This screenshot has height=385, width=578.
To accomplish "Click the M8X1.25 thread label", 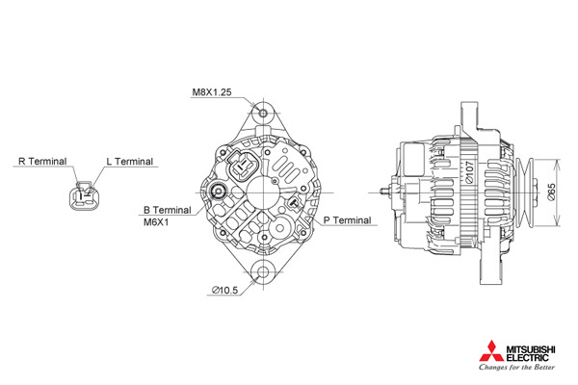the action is pyautogui.click(x=212, y=92).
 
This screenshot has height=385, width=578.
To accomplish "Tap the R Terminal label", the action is pyautogui.click(x=42, y=162).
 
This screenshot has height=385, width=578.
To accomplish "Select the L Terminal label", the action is pyautogui.click(x=129, y=162).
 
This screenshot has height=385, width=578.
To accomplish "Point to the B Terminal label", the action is pyautogui.click(x=168, y=210).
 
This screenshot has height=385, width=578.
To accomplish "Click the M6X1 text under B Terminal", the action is pyautogui.click(x=156, y=222).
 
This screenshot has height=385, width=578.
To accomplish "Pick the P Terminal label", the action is pyautogui.click(x=347, y=220).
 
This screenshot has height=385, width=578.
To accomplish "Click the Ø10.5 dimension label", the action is pyautogui.click(x=224, y=291).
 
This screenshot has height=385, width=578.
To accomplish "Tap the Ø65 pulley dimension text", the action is pyautogui.click(x=551, y=192).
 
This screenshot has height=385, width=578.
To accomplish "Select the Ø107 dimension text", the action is pyautogui.click(x=469, y=172).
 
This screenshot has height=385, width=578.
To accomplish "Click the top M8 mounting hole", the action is pyautogui.click(x=263, y=114).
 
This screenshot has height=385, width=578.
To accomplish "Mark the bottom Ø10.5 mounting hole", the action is pyautogui.click(x=263, y=272).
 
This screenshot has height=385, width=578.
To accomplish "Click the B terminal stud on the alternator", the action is pyautogui.click(x=219, y=192).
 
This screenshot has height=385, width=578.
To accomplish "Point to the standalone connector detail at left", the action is pyautogui.click(x=85, y=195).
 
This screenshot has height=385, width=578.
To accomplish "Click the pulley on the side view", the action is pyautogui.click(x=525, y=192).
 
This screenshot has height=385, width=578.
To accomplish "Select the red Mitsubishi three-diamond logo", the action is pyautogui.click(x=491, y=351).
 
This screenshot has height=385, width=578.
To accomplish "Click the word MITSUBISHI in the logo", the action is pyautogui.click(x=530, y=348).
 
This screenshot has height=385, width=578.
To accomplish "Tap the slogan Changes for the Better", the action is pyautogui.click(x=516, y=367).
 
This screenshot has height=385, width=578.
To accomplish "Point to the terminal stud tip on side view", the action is pyautogui.click(x=381, y=192).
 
